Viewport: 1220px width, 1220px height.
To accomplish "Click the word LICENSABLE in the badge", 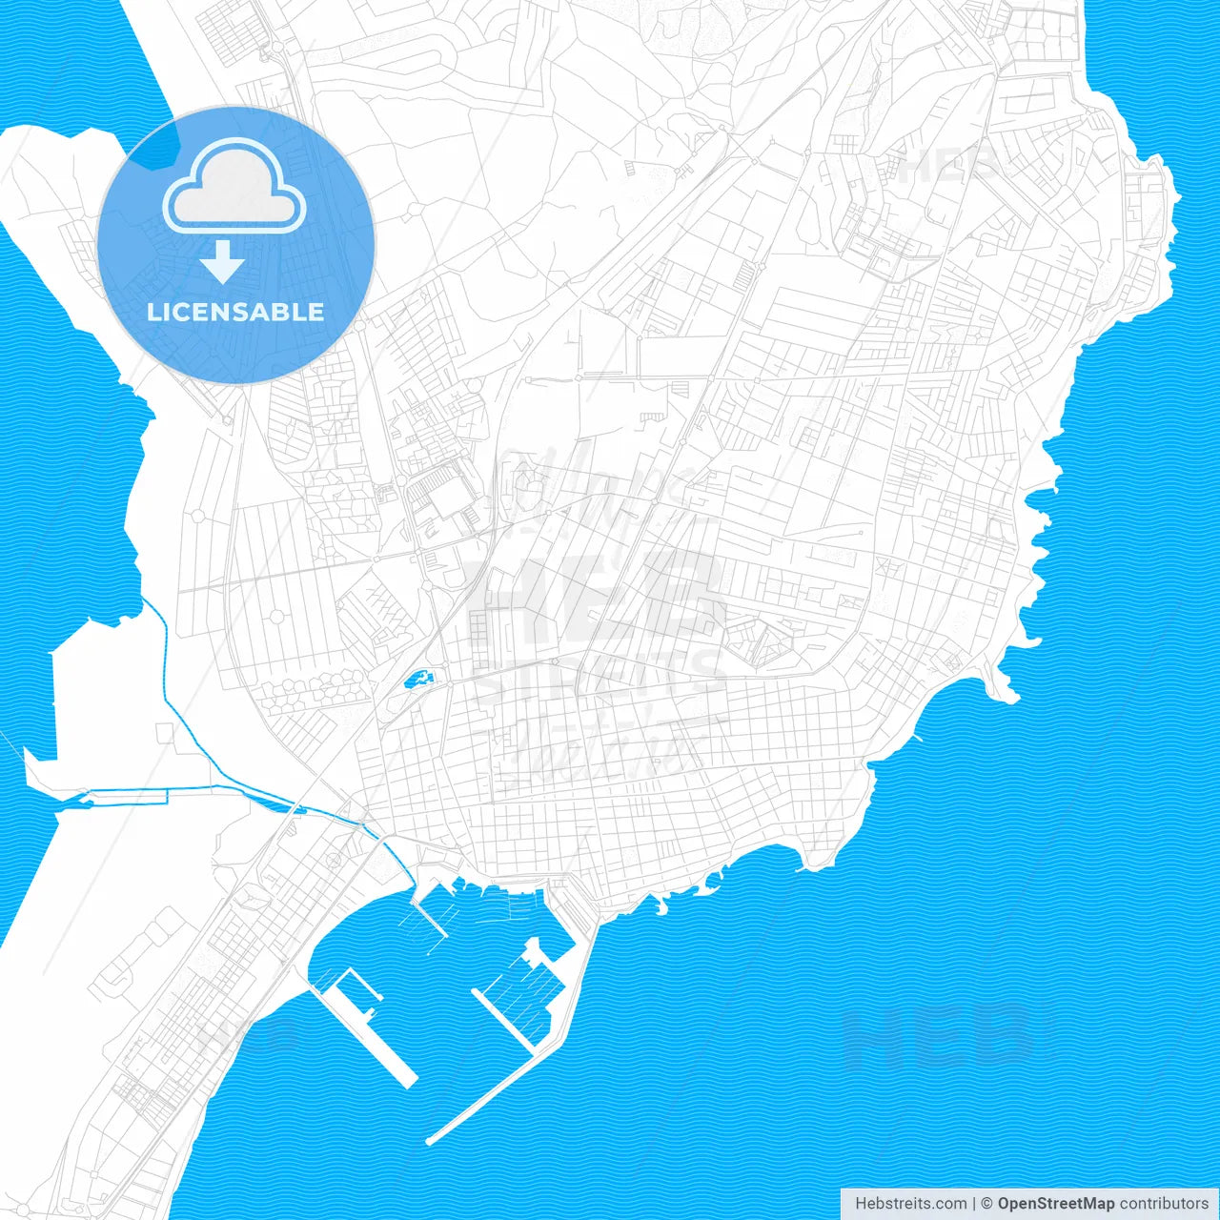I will point(235,312).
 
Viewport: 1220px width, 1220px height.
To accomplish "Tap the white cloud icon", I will point(234,187).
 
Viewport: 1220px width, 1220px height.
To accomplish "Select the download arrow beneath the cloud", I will point(223,262).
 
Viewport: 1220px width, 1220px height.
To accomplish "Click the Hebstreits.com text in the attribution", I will point(910,1204).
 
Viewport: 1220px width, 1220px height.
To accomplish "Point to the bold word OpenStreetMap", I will point(1055,1204).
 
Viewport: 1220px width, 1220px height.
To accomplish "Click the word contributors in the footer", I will point(1164,1204).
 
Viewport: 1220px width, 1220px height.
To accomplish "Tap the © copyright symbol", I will point(987,1204).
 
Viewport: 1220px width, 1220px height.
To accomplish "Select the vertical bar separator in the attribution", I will point(974,1204).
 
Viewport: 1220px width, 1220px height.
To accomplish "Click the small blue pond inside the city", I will point(417,680).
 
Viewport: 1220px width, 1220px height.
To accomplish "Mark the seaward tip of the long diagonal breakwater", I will point(432,1139).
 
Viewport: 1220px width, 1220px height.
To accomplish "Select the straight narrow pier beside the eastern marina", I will point(505,1020).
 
